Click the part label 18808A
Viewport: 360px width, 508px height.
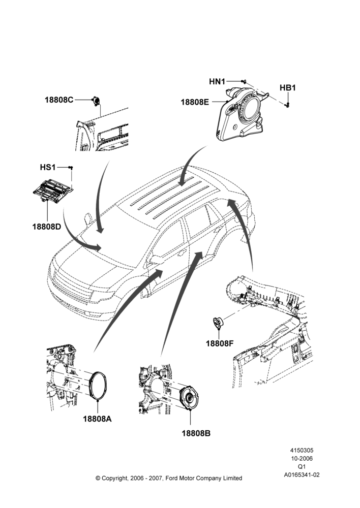97,419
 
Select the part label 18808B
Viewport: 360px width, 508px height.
196,433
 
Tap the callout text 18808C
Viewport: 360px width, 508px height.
59,100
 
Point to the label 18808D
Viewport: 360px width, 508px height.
47,227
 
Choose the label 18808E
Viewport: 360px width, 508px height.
195,102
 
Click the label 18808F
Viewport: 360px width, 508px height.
220,343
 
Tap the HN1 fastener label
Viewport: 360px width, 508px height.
217,82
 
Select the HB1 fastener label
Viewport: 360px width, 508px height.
288,88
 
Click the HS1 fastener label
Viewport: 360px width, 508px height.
48,167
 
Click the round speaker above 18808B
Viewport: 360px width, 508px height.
189,398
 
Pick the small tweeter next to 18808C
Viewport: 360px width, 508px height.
97,101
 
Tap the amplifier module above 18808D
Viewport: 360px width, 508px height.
53,191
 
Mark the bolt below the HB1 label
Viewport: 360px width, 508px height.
287,104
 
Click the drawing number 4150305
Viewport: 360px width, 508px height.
302,450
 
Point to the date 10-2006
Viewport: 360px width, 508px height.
302,458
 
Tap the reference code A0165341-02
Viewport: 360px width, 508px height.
302,475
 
